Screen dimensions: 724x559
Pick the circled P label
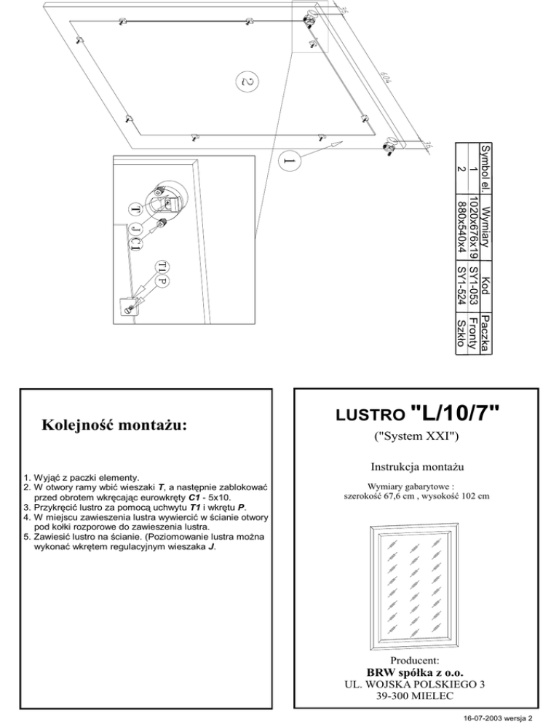(x=163, y=281)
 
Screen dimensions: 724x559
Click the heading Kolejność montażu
(x=114, y=424)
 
